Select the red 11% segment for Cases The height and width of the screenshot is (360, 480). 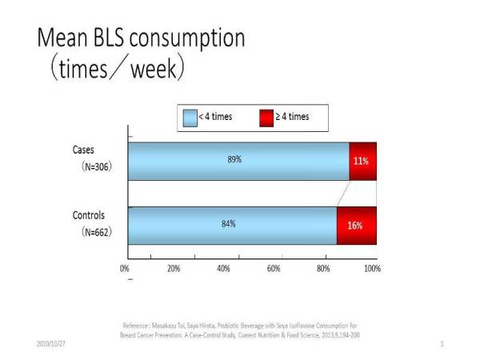362,160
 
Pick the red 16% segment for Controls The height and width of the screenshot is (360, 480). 356,226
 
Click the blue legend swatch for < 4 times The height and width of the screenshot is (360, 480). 189,117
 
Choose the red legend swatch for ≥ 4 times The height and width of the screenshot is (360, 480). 266,117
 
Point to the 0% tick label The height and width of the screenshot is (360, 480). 125,269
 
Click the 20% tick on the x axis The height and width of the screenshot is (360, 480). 174,269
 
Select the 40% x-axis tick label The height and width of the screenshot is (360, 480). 223,269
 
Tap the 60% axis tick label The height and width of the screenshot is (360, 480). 273,269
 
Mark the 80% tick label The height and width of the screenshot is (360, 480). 322,269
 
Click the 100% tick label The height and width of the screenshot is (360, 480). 371,269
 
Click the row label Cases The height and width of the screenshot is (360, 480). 83,150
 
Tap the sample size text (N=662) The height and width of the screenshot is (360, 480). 95,233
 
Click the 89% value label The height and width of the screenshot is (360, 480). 234,159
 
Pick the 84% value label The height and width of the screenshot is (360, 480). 228,224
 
